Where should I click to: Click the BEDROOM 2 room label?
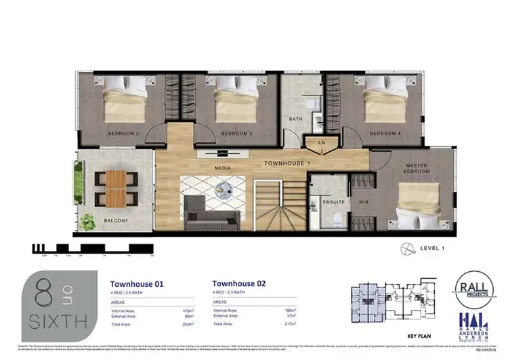[123, 134]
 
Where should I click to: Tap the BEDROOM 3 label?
[236, 134]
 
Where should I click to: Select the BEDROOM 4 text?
[385, 134]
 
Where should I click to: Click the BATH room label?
[296, 119]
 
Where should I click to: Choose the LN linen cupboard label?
[321, 142]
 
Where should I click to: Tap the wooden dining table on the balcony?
[117, 188]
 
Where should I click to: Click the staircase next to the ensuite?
[278, 203]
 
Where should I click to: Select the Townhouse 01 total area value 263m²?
[181, 324]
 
